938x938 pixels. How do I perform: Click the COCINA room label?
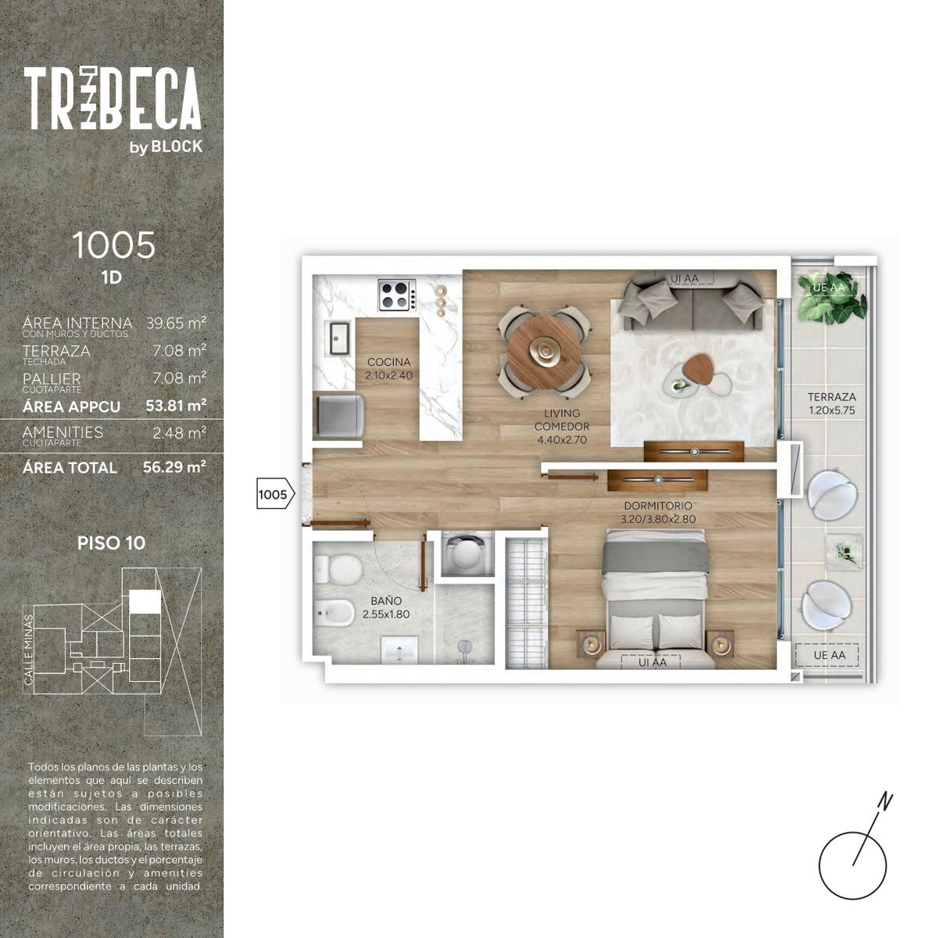click(388, 362)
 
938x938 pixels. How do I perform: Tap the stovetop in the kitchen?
click(397, 295)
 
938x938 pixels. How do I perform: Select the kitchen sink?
click(338, 338)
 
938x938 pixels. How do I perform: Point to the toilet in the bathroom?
click(338, 570)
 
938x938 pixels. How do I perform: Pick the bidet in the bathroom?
click(334, 613)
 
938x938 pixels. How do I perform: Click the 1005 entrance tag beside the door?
click(275, 495)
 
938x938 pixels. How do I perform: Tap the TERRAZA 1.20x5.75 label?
click(832, 403)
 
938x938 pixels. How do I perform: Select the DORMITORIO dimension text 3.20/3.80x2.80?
click(657, 519)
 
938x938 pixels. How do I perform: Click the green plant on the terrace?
click(832, 298)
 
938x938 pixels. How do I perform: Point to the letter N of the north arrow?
click(885, 801)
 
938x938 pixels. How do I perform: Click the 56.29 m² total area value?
click(174, 467)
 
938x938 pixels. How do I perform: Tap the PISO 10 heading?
click(112, 542)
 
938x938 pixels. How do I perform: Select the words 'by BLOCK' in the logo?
click(166, 147)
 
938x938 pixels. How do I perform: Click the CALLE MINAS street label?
click(29, 650)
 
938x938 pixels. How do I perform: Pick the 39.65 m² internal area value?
click(176, 323)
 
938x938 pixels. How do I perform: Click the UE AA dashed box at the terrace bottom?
click(827, 655)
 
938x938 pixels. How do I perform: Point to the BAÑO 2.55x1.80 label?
click(386, 608)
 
